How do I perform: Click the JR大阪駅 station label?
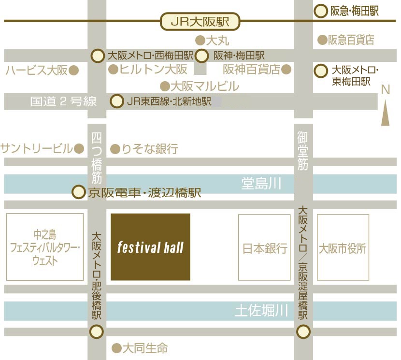pos(200,21)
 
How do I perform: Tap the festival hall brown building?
pos(150,247)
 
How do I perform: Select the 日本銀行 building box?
pos(265,247)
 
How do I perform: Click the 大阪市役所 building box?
pos(343,247)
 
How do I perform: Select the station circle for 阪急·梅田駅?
pos(321,11)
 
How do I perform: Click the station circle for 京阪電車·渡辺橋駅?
pos(78,192)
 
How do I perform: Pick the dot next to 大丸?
pos(199,40)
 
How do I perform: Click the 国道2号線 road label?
pos(63,101)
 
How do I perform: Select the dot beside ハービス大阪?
pos(74,71)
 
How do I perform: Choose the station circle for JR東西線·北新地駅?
pos(116,101)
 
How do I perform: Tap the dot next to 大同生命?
pos(115,347)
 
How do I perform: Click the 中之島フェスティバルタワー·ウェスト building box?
pos(45,247)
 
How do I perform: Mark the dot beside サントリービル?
pos(79,148)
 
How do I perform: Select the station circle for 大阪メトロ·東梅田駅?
pos(321,71)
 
